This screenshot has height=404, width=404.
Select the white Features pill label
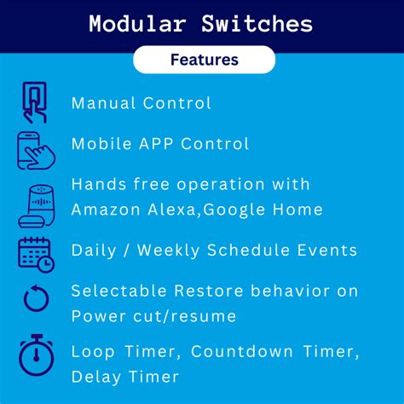pyautogui.click(x=204, y=60)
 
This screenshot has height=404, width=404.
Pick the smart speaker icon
pyautogui.click(x=35, y=203)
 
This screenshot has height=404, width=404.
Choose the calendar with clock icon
pyautogui.click(x=36, y=254)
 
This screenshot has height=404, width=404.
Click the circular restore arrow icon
pyautogui.click(x=36, y=299)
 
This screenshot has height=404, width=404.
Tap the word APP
pyautogui.click(x=163, y=143)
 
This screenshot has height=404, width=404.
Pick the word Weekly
pyautogui.click(x=174, y=250)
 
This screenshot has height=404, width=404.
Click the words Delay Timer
pyautogui.click(x=125, y=376)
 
